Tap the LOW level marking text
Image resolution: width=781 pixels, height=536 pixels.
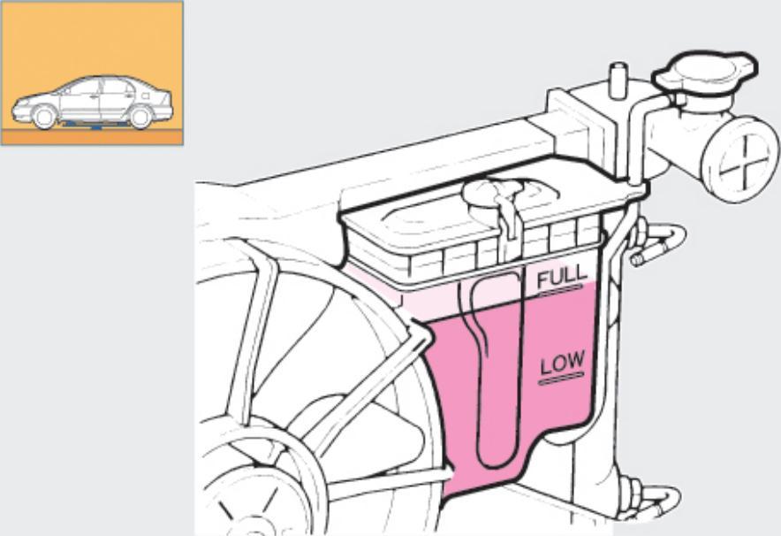(x=563, y=363)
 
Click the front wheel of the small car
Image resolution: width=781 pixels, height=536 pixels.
(x=43, y=117)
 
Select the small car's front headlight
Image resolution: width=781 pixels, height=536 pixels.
(x=18, y=106)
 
